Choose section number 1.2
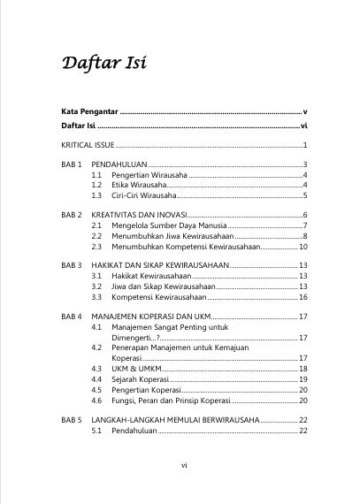[x=97, y=186]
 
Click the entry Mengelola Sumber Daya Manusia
[x=165, y=226]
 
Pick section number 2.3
[x=97, y=247]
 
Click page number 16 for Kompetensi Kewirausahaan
[x=302, y=297]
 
